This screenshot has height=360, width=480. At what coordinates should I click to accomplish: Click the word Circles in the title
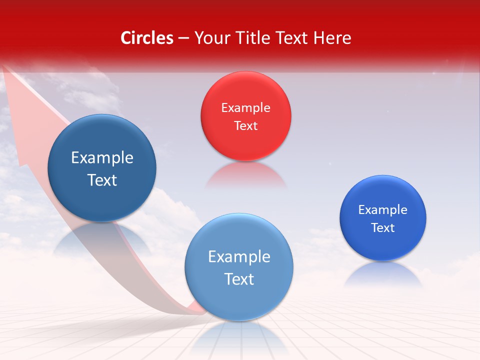click(x=147, y=38)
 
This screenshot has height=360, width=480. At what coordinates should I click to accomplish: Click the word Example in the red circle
click(x=245, y=108)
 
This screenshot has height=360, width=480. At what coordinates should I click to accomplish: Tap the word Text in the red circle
click(x=245, y=125)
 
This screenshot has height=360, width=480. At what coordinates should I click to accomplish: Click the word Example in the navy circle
click(x=102, y=158)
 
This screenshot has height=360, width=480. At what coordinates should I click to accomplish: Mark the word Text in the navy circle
click(x=102, y=180)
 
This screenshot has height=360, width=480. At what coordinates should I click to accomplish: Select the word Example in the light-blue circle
click(x=239, y=257)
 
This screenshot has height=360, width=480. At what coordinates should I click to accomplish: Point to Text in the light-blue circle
click(x=239, y=279)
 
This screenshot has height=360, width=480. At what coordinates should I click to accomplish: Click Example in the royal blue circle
click(x=383, y=210)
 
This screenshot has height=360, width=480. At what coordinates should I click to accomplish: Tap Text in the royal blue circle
click(x=383, y=228)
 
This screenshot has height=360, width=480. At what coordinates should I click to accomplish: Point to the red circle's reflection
click(x=245, y=175)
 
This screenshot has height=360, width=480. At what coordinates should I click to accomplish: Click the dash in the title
click(x=183, y=38)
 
